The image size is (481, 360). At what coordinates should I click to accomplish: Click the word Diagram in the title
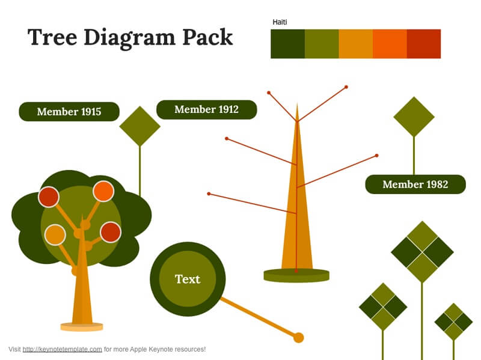tap(130, 38)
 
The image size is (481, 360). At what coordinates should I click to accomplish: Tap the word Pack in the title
tap(207, 37)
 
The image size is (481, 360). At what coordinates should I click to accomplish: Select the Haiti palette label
tap(280, 22)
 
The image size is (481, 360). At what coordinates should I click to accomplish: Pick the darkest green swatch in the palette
tap(288, 44)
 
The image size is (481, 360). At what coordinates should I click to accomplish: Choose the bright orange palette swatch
tap(390, 44)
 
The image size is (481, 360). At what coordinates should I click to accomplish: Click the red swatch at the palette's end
tap(424, 44)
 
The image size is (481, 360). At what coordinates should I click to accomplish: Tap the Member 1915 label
tap(69, 112)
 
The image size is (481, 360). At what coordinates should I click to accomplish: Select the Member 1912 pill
tap(206, 109)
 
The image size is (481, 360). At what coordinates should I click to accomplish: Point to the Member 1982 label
tap(415, 185)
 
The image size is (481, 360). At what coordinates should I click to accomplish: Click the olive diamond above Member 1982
tap(414, 117)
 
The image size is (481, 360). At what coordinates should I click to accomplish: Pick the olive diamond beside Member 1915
tap(140, 126)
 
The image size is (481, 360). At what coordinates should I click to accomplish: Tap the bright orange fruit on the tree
tap(103, 191)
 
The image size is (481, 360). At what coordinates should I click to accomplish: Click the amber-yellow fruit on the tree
tap(55, 235)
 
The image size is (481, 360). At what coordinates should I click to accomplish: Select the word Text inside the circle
tap(188, 279)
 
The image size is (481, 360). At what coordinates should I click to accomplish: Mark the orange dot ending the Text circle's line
tap(298, 338)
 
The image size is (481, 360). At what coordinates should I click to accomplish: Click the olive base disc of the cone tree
tap(296, 275)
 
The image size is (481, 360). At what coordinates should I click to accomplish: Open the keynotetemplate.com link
tap(63, 349)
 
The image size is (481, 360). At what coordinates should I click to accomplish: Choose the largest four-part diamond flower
tap(423, 252)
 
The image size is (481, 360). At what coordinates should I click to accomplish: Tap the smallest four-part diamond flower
tap(454, 322)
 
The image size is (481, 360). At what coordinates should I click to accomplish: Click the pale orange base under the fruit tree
tap(82, 327)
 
